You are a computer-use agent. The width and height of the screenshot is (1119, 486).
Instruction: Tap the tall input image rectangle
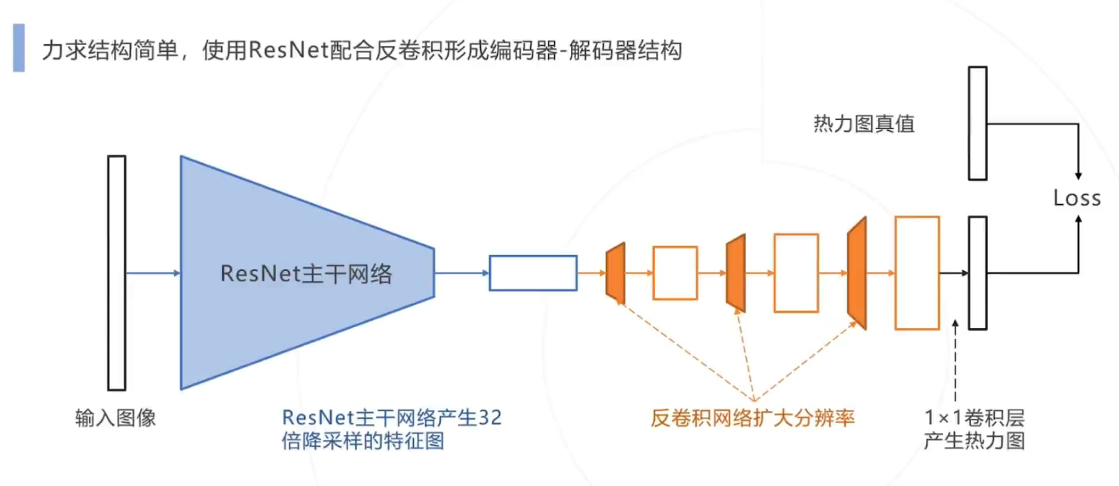(x=117, y=273)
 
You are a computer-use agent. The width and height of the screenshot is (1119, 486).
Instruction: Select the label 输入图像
(x=116, y=418)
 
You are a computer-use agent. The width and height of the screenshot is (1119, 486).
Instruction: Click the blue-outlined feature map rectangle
(x=533, y=273)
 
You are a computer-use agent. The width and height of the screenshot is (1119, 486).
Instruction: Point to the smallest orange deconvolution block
(x=616, y=273)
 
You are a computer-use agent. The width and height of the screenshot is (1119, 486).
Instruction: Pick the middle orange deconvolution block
(x=737, y=273)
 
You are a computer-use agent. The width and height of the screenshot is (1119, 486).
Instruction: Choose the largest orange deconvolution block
(x=858, y=273)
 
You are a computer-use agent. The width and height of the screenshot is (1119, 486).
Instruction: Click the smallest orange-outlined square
(x=675, y=273)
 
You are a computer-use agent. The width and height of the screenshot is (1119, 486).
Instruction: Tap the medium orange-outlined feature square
(x=796, y=273)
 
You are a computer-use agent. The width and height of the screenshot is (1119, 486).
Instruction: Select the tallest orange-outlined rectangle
(x=917, y=273)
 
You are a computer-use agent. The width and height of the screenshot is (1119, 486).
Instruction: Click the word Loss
(x=1077, y=198)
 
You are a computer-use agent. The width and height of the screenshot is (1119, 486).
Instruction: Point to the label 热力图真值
(x=864, y=124)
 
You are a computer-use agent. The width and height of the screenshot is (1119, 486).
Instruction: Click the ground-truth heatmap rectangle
(x=977, y=124)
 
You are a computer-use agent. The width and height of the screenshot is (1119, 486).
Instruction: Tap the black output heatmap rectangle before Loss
(x=977, y=273)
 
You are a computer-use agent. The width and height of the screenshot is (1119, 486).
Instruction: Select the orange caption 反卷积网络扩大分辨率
(x=752, y=418)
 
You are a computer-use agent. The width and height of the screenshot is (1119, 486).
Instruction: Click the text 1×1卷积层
(x=975, y=418)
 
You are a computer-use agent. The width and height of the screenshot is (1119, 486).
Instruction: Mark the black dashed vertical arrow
(x=955, y=362)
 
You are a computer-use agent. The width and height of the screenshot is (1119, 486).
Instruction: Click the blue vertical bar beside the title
(x=19, y=48)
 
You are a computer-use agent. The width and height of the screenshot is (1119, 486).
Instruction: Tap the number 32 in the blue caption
(x=490, y=418)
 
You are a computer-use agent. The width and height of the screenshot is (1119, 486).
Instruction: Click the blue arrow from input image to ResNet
(x=153, y=273)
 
